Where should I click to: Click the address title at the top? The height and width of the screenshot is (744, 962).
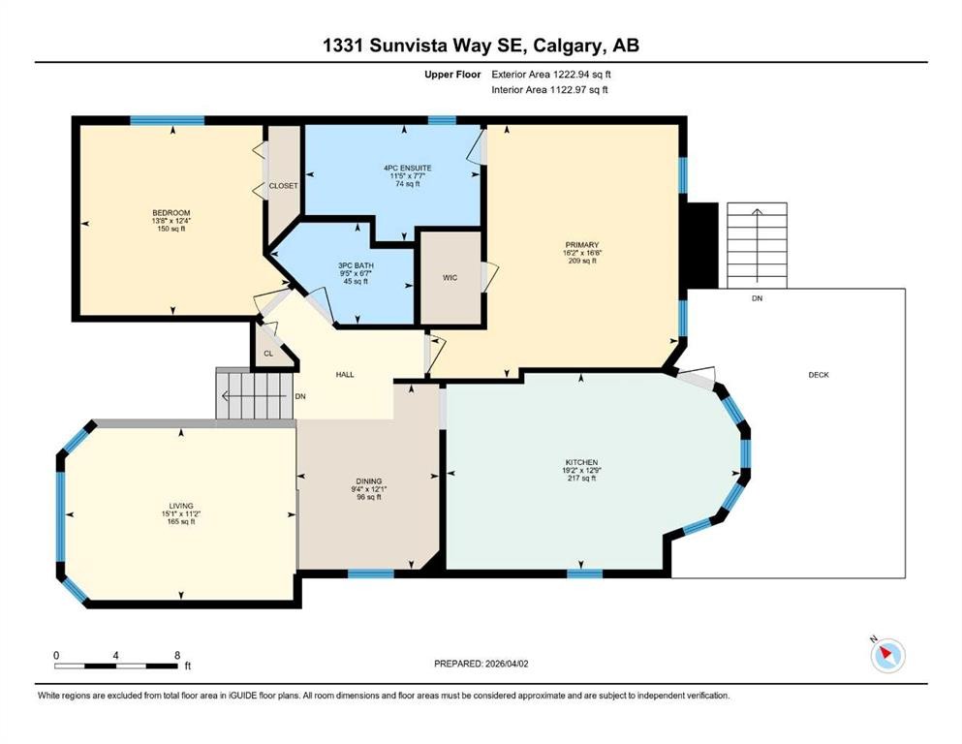481,46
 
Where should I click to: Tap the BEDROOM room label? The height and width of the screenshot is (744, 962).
171,213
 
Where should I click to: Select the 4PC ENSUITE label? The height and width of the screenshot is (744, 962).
407,168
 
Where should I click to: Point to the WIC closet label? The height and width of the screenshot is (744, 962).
450,278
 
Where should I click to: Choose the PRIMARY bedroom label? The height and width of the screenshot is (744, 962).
582,245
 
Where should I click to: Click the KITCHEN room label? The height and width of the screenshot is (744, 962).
581,462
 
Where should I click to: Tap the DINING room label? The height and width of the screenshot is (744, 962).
368,480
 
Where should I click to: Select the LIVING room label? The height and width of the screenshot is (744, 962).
179,506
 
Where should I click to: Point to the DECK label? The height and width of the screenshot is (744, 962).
819,375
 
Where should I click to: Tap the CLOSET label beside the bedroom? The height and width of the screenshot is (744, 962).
284,185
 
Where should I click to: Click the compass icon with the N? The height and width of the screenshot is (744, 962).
886,655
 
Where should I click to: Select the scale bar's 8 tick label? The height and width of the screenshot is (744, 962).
176,655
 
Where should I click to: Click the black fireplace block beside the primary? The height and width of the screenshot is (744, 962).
701,245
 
